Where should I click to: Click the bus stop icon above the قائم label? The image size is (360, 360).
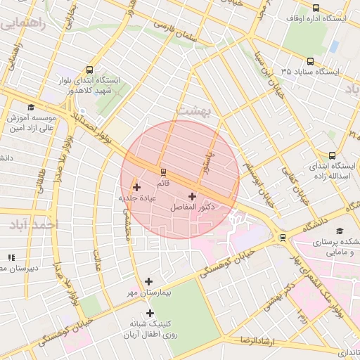coord(163,172)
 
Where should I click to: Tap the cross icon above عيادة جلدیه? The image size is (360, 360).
coord(136,187)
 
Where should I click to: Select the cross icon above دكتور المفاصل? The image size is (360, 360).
coord(192,196)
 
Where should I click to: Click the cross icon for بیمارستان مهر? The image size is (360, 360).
coord(148,281)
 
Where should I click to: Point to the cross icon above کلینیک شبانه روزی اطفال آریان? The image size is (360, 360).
coord(149,313)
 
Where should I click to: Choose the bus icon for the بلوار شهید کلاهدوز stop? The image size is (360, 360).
coord(89,70)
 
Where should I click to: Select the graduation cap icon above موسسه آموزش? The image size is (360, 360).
coord(31,107)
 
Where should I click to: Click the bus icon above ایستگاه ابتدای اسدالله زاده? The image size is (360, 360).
coord(332,155)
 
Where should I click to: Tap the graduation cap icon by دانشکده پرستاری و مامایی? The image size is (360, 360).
coord(340,230)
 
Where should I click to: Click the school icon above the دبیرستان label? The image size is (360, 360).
coord(10,257)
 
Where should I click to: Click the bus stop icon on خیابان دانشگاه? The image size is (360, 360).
coord(283,237)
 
